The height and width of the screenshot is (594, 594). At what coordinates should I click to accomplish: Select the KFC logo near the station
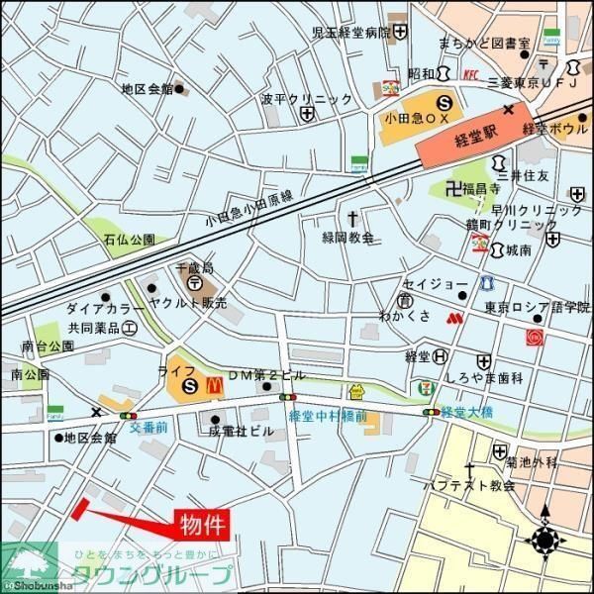(471, 74)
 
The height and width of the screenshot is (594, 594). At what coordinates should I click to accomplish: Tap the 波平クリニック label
(306, 99)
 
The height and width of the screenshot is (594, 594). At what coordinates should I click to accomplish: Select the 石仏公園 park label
(130, 239)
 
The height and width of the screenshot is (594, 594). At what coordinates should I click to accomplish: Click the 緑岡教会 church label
(348, 238)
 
